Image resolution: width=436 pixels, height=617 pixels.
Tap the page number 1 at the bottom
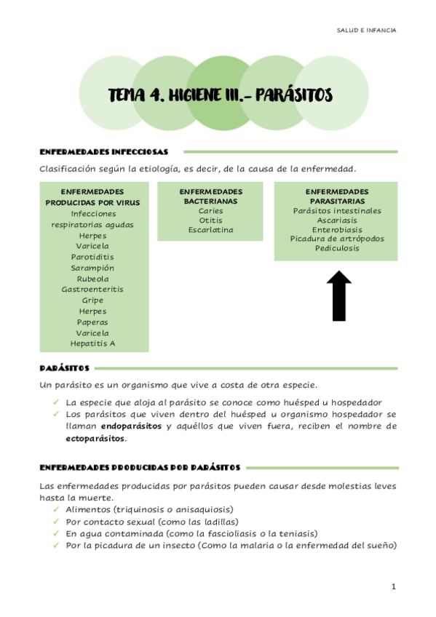point(393,586)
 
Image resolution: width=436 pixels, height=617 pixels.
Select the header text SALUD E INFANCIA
point(367,31)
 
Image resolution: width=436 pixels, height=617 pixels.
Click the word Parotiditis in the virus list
point(92,257)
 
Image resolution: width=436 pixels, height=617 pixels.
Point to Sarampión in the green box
point(92,268)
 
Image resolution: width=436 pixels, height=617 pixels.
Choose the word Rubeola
point(92,279)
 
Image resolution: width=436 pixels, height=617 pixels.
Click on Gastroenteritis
point(92,289)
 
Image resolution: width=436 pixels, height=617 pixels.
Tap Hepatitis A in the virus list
point(92,343)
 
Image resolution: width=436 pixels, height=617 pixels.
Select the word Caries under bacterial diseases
point(210,211)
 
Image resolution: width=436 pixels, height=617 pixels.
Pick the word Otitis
point(210,220)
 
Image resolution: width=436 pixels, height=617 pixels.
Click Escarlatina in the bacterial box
point(210,230)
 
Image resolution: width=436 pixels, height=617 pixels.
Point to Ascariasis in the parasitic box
point(336,220)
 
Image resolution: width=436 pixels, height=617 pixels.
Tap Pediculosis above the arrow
point(336,248)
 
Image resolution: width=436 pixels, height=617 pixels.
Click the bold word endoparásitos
point(131,426)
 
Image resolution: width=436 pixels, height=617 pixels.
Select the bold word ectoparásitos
point(95,439)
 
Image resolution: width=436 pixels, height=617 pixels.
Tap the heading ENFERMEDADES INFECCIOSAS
point(103,152)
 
